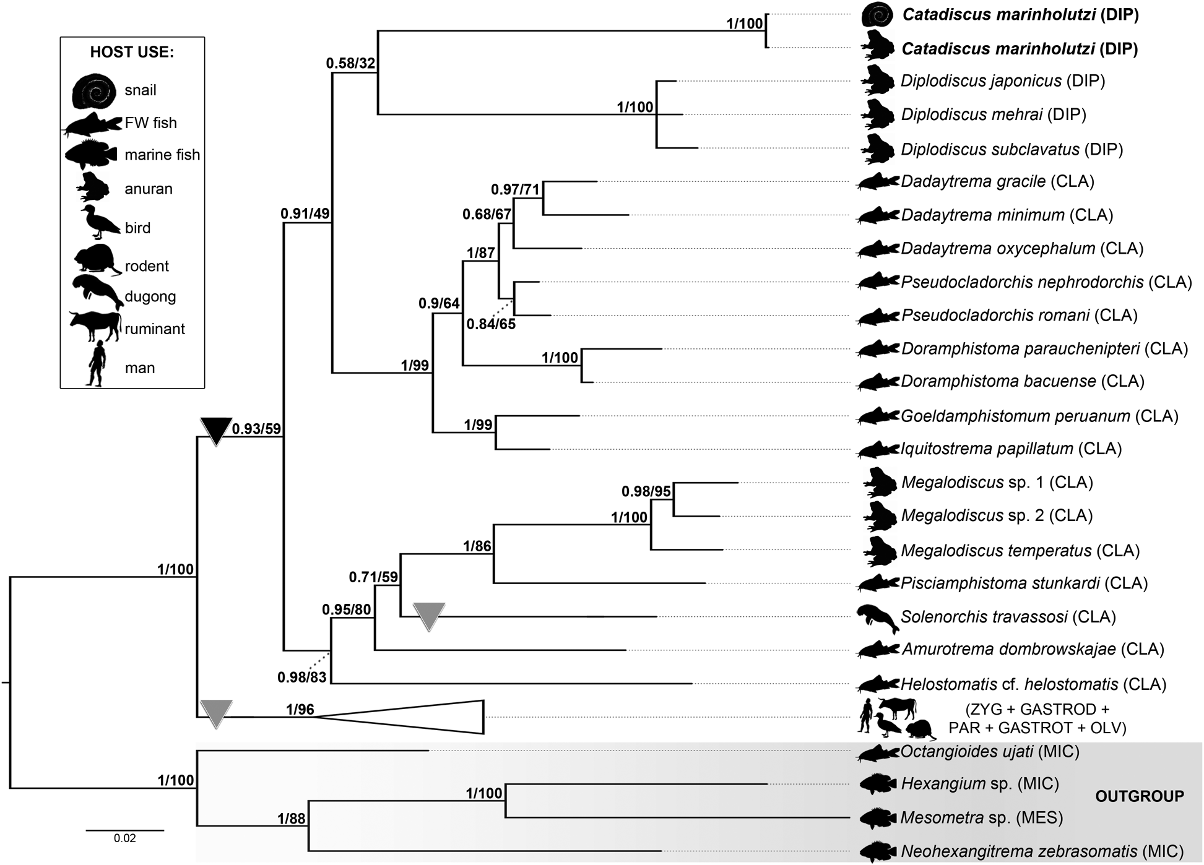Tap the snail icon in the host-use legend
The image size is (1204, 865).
93,91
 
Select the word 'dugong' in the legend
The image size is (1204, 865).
150,296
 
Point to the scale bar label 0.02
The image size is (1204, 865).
124,838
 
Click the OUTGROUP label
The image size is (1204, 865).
1139,796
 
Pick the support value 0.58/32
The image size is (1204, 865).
351,63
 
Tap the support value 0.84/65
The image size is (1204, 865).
491,324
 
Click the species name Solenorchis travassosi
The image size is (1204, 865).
984,617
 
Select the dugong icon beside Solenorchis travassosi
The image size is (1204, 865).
877,618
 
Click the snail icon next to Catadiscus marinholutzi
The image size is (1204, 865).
877,15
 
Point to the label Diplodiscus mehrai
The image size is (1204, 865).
972,114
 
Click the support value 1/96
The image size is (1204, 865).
300,709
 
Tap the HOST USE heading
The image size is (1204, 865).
132,52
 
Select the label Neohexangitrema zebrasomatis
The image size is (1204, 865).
1019,851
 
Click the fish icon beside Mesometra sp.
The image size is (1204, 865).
878,818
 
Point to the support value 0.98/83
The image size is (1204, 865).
301,678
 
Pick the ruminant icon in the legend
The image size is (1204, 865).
95,326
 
